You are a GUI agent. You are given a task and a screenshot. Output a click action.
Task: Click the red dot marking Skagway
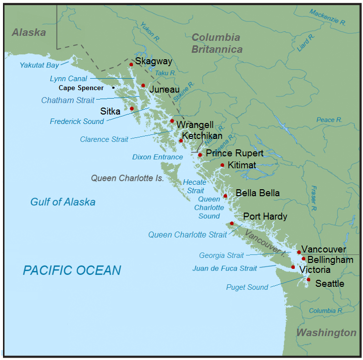tap(131, 64)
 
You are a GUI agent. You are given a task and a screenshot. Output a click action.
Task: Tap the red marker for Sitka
tap(132, 109)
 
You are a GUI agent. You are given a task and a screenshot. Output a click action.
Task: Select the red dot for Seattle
tap(308, 280)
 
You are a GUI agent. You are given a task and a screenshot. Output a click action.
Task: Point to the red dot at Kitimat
tap(222, 165)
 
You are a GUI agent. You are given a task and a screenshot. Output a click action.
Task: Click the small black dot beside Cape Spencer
tap(114, 88)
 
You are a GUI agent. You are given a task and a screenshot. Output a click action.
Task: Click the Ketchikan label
tap(202, 135)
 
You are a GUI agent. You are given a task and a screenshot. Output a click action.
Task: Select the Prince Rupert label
tap(235, 153)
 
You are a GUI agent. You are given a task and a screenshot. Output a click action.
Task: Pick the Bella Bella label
tap(257, 193)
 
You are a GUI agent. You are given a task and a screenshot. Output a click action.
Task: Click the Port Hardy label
tap(265, 217)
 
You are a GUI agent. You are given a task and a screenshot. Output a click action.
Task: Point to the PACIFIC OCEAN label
tap(72, 270)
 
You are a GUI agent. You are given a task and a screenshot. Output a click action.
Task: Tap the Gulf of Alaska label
tap(63, 202)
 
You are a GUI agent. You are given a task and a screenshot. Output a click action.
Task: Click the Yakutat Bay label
tap(39, 65)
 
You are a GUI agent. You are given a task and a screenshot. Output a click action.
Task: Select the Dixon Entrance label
tap(157, 157)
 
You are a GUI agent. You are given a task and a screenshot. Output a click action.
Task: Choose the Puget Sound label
tap(247, 287)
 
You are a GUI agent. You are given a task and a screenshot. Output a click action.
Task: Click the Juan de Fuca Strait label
tap(225, 268)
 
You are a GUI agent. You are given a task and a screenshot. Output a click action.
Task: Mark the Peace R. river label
tap(329, 120)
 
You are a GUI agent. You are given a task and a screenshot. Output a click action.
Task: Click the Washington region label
tap(326, 333)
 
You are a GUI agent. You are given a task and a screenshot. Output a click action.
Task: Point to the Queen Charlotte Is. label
tap(127, 178)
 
